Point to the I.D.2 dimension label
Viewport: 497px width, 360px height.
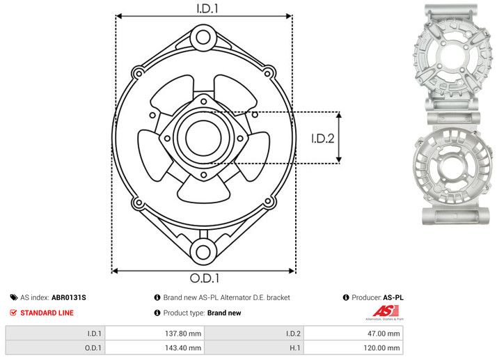tap(323, 138)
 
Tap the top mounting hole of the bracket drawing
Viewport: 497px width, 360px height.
tap(203, 36)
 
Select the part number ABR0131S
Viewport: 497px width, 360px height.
tap(69, 297)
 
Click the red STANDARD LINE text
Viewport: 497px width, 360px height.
tap(47, 313)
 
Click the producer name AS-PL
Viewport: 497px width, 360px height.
tap(393, 297)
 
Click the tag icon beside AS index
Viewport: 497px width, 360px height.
tap(14, 297)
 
